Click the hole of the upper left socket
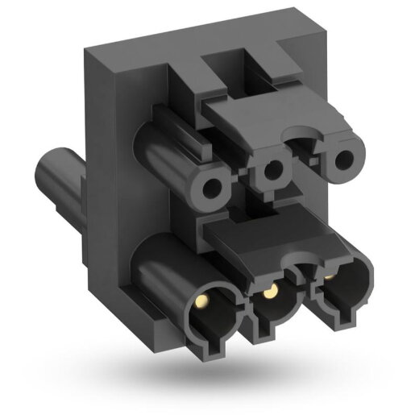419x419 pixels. (x=213, y=189)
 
